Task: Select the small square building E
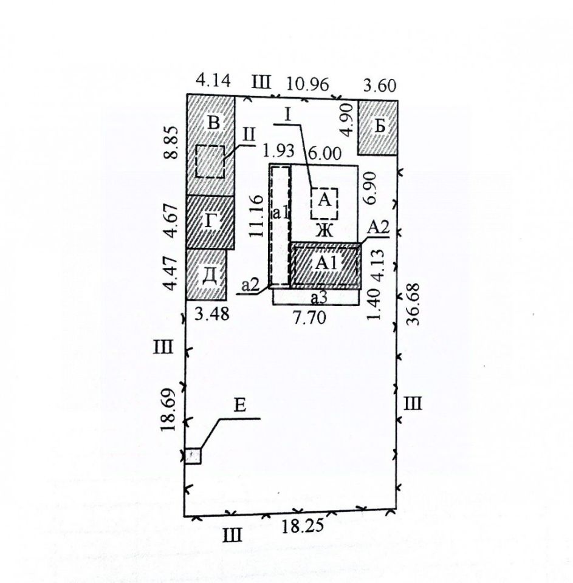coord(193,455)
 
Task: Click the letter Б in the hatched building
coord(379,127)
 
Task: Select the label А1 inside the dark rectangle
coord(327,263)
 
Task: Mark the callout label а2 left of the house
coord(251,284)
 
